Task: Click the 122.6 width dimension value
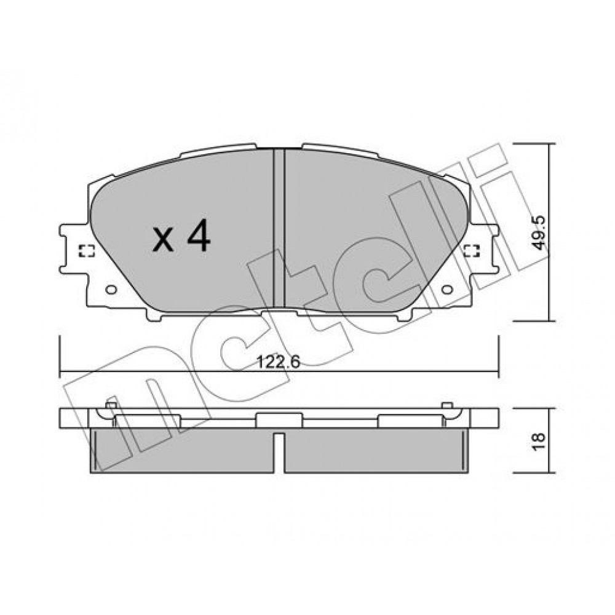tap(278, 362)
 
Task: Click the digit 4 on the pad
tap(199, 236)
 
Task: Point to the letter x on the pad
tap(163, 240)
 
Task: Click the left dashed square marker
tap(87, 251)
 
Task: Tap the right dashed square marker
tap(472, 251)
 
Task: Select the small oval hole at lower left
tap(111, 290)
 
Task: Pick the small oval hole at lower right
tap(447, 290)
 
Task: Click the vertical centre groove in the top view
tap(279, 228)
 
